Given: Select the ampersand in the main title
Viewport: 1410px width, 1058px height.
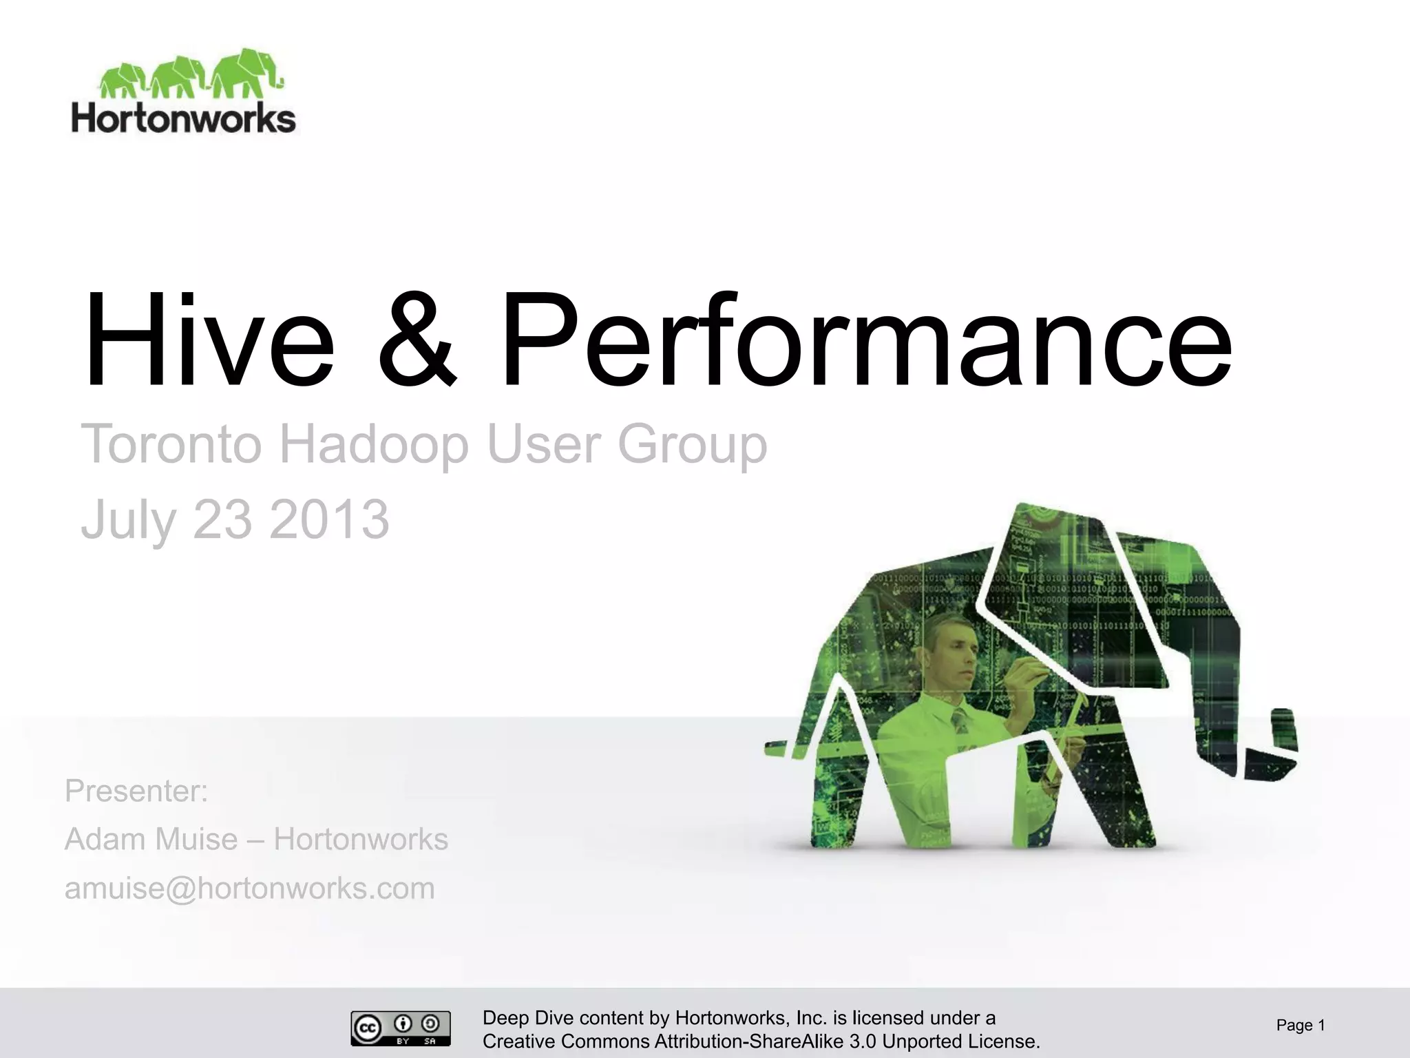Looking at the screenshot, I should coord(417,341).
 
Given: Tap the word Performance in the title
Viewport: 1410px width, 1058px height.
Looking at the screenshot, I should coord(864,341).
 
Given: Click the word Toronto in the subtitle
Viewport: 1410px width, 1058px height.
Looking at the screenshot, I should coord(171,444).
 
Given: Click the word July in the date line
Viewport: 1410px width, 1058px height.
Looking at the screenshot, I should coord(128,520).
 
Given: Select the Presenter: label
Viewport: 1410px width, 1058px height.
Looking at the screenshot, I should coord(136,791).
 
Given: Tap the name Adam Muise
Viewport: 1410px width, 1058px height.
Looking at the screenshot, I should coord(151,840).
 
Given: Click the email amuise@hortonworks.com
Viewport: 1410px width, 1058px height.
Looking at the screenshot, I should coord(249,889).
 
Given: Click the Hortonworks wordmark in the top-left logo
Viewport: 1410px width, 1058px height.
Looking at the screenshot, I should coord(183,118).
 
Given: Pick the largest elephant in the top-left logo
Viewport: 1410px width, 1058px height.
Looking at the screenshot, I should coord(244,72).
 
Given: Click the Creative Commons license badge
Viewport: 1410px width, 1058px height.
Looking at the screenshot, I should coord(400,1028).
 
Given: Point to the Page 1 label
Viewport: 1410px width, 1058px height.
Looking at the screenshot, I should coord(1300,1026).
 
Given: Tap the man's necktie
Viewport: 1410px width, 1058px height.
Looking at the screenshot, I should coord(960,723).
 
